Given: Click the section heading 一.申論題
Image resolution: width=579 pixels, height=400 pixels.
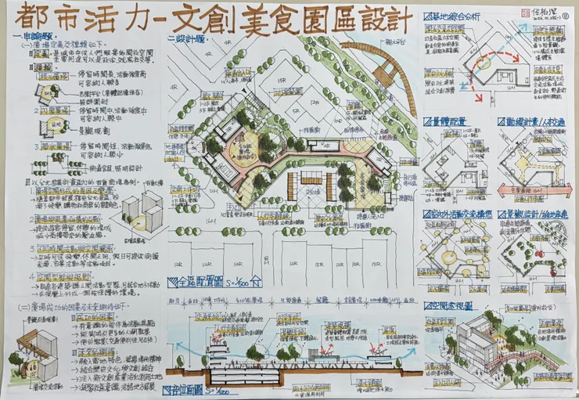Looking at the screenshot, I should coord(34,37).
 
